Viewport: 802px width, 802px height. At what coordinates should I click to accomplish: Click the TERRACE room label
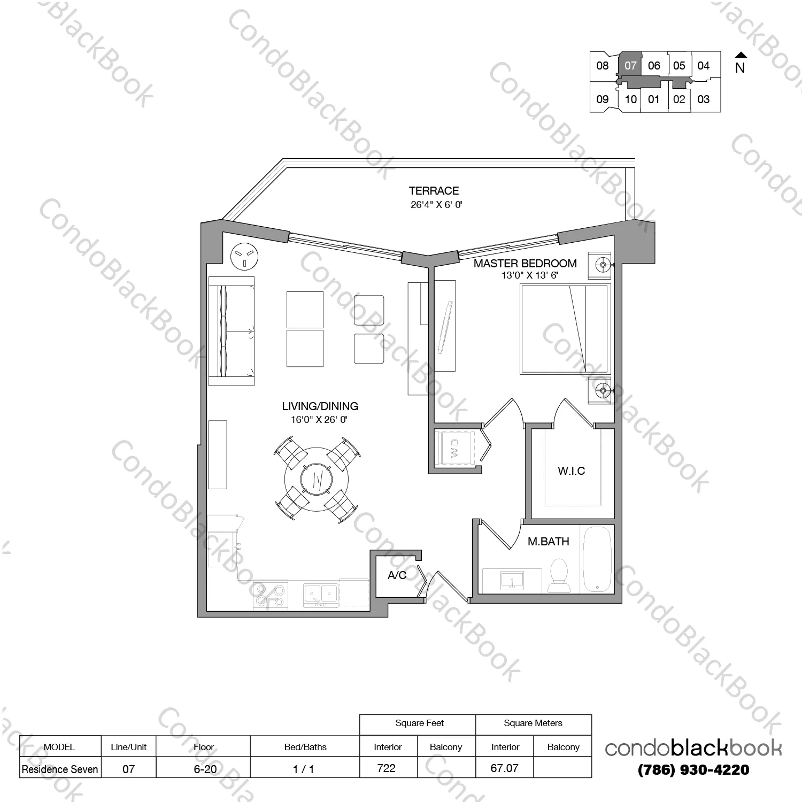(x=434, y=191)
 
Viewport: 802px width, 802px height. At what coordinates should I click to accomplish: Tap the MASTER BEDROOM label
(x=525, y=264)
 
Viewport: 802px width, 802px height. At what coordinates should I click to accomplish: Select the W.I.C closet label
(x=571, y=471)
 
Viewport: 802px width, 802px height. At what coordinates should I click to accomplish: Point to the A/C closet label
(x=397, y=575)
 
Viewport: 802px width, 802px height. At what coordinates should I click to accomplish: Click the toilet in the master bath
(x=559, y=575)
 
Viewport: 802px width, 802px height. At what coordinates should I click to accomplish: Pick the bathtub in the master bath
(x=597, y=560)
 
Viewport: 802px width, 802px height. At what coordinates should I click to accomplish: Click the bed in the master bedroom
(x=565, y=329)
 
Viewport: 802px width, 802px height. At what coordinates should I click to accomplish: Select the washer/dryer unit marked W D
(x=455, y=448)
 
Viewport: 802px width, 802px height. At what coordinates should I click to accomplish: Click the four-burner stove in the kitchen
(x=270, y=595)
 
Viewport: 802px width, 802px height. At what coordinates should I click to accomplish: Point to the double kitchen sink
(x=321, y=593)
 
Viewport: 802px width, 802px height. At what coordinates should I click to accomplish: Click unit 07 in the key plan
(x=630, y=66)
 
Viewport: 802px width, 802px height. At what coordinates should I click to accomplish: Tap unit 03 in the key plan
(x=704, y=99)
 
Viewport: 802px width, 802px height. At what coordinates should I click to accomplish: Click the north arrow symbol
(x=741, y=55)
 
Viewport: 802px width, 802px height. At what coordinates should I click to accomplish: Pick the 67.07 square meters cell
(x=505, y=768)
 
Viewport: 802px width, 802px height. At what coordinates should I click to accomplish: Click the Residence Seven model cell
(x=60, y=769)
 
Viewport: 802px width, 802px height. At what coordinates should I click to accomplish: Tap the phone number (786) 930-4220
(x=693, y=770)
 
